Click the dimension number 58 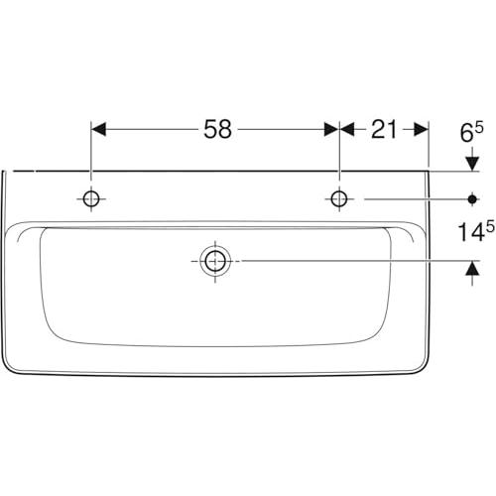217,129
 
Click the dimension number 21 384,129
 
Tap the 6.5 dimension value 471,132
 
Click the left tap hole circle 91,199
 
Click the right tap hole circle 339,199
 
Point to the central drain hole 215,261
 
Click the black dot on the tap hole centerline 472,199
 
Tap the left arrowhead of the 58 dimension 98,129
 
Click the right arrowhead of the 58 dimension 331,129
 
